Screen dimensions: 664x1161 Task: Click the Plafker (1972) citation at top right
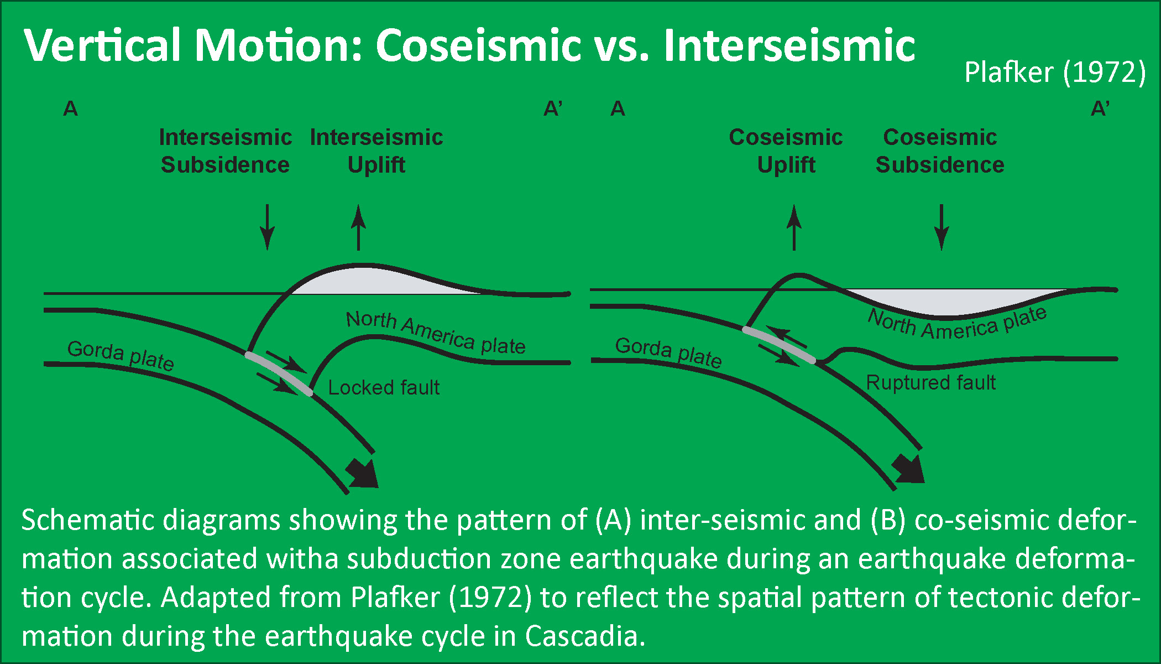point(1054,72)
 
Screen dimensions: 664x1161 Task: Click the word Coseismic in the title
point(478,45)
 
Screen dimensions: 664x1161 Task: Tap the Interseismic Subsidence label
point(225,151)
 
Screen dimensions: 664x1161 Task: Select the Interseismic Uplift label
point(376,151)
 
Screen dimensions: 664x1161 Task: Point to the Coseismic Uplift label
point(786,151)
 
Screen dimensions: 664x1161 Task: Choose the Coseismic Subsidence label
point(940,151)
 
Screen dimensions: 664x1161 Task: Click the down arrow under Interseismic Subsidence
point(268,227)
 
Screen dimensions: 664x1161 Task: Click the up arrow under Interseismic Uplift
point(358,227)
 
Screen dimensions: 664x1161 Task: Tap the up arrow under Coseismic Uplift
point(794,227)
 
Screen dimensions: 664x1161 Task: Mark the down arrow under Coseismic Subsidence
point(942,227)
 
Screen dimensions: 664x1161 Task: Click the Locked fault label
point(384,388)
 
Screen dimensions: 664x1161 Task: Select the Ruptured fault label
point(930,383)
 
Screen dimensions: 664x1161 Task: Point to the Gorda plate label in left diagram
point(121,355)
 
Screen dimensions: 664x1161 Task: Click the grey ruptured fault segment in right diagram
point(778,345)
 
